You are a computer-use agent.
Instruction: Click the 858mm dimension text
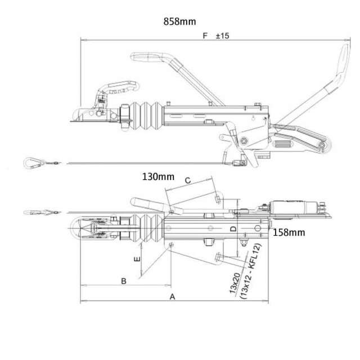click(180, 21)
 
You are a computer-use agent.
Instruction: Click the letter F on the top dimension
click(205, 35)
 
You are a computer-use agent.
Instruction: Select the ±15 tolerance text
click(222, 35)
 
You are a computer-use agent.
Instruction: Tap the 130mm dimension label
click(158, 176)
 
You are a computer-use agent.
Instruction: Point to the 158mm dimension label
click(289, 232)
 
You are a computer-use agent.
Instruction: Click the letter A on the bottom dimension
click(172, 295)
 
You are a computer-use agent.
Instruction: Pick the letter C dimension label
click(188, 180)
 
